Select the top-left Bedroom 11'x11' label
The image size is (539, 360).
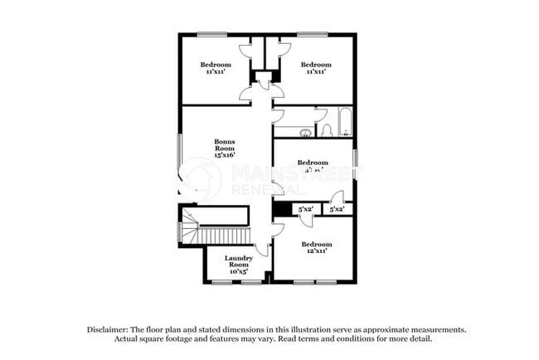(216, 68)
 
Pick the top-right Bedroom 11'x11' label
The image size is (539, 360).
(315, 68)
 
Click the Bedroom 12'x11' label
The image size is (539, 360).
(316, 247)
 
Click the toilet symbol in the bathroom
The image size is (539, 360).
(327, 129)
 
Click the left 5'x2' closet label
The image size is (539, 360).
(306, 210)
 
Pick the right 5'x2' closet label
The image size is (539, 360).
(337, 210)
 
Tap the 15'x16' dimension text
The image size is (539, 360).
(225, 154)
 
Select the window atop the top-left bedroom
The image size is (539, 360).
(212, 34)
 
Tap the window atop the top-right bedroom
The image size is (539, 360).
(313, 34)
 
